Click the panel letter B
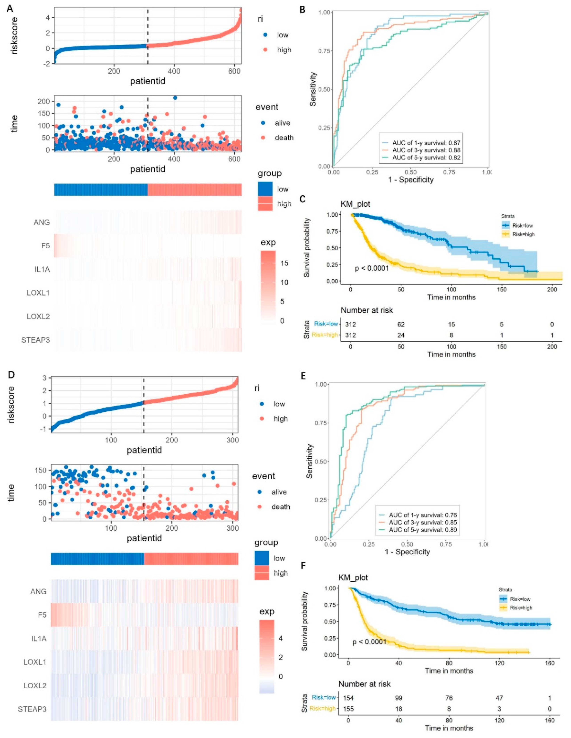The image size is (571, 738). (303, 9)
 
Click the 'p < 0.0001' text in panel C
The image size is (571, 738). (371, 268)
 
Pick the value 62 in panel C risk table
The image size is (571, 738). (401, 324)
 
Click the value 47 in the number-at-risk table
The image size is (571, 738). (499, 698)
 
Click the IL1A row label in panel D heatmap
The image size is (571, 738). (39, 639)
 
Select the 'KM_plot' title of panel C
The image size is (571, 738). (355, 204)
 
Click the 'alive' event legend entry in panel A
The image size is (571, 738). (282, 123)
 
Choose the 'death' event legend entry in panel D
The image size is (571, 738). (280, 507)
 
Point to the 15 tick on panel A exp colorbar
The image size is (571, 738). (284, 263)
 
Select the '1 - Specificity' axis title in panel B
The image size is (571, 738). (411, 180)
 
